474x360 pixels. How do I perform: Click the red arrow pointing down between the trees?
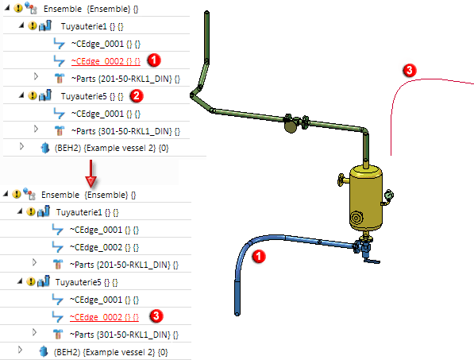[x=91, y=173]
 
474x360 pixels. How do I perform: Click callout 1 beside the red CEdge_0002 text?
[x=154, y=60]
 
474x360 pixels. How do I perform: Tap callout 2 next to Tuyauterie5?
[x=137, y=96]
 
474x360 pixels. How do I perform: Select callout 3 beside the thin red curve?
[x=410, y=71]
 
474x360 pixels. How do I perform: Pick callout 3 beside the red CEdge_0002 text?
[x=156, y=316]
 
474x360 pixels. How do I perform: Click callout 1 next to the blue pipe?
[x=259, y=257]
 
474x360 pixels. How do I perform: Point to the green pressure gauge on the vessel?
[x=389, y=195]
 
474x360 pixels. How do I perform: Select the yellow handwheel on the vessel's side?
[x=341, y=180]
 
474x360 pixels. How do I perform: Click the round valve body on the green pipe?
[x=291, y=125]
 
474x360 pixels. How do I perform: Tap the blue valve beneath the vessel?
[x=362, y=246]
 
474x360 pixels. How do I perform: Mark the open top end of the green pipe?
[x=206, y=13]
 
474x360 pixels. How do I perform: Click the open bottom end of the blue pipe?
[x=237, y=314]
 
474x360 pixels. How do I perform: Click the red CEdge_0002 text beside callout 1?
[x=106, y=61]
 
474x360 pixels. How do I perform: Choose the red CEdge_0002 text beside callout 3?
[x=104, y=317]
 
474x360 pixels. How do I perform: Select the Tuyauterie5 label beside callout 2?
[x=83, y=96]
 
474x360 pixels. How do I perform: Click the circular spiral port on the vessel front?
[x=356, y=218]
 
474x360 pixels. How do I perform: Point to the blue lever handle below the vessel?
[x=372, y=261]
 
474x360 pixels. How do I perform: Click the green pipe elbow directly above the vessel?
[x=364, y=130]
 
